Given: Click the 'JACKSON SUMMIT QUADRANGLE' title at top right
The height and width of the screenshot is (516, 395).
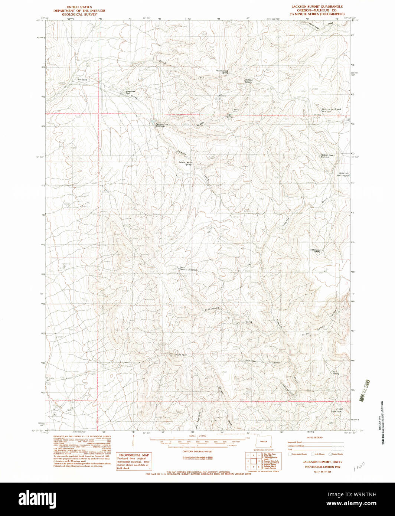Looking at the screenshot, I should pyautogui.click(x=317, y=7).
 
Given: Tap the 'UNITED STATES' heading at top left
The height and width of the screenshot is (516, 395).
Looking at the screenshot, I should pyautogui.click(x=79, y=7).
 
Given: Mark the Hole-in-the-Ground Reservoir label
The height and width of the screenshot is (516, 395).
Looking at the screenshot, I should pyautogui.click(x=331, y=110).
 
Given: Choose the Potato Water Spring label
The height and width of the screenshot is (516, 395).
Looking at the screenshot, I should pyautogui.click(x=185, y=163).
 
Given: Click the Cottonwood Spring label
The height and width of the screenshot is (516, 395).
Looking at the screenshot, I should pyautogui.click(x=315, y=251).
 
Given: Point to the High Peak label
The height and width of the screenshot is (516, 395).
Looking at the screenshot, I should pyautogui.click(x=180, y=355).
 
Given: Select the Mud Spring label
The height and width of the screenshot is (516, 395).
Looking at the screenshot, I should pyautogui.click(x=336, y=373).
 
